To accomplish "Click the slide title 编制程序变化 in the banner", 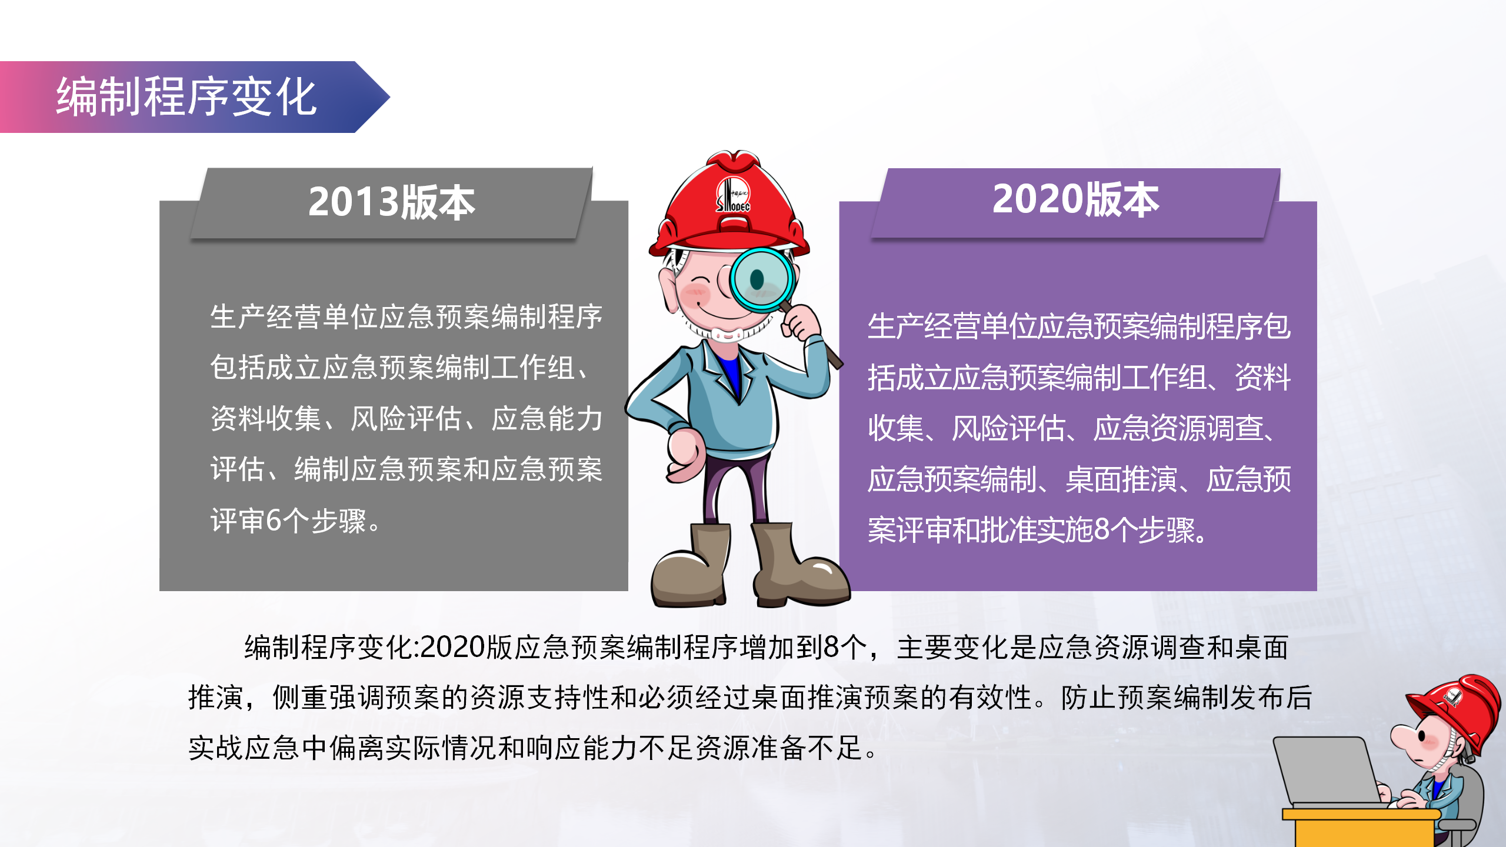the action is point(186,97).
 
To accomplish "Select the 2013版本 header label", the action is point(392,202).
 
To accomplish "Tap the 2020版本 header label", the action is point(1075,199).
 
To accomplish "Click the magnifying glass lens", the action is point(762,279).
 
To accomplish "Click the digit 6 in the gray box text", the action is point(274,521).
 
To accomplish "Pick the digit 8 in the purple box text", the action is point(1102,529).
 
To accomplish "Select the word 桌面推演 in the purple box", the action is point(1121,479).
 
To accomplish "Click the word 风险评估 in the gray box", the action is point(407,419).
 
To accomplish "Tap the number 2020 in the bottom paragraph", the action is point(452,647).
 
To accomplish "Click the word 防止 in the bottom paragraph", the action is point(1089,698).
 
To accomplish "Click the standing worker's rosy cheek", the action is point(695,292).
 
